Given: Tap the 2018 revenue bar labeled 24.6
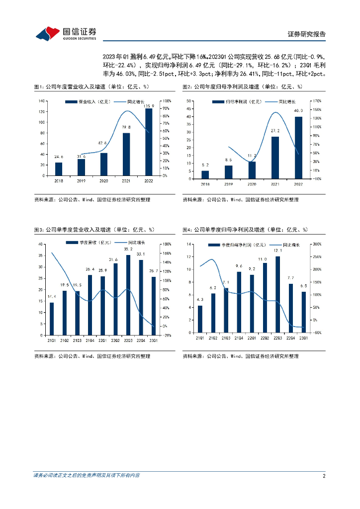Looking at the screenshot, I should pyautogui.click(x=59, y=169).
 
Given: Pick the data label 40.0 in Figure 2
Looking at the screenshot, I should pyautogui.click(x=298, y=111).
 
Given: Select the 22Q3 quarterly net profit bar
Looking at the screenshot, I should pyautogui.click(x=277, y=294).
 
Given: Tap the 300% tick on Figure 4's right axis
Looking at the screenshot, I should pyautogui.click(x=317, y=244).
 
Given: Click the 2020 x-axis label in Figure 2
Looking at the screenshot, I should pyautogui.click(x=252, y=184).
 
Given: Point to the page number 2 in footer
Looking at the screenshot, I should pyautogui.click(x=324, y=476).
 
